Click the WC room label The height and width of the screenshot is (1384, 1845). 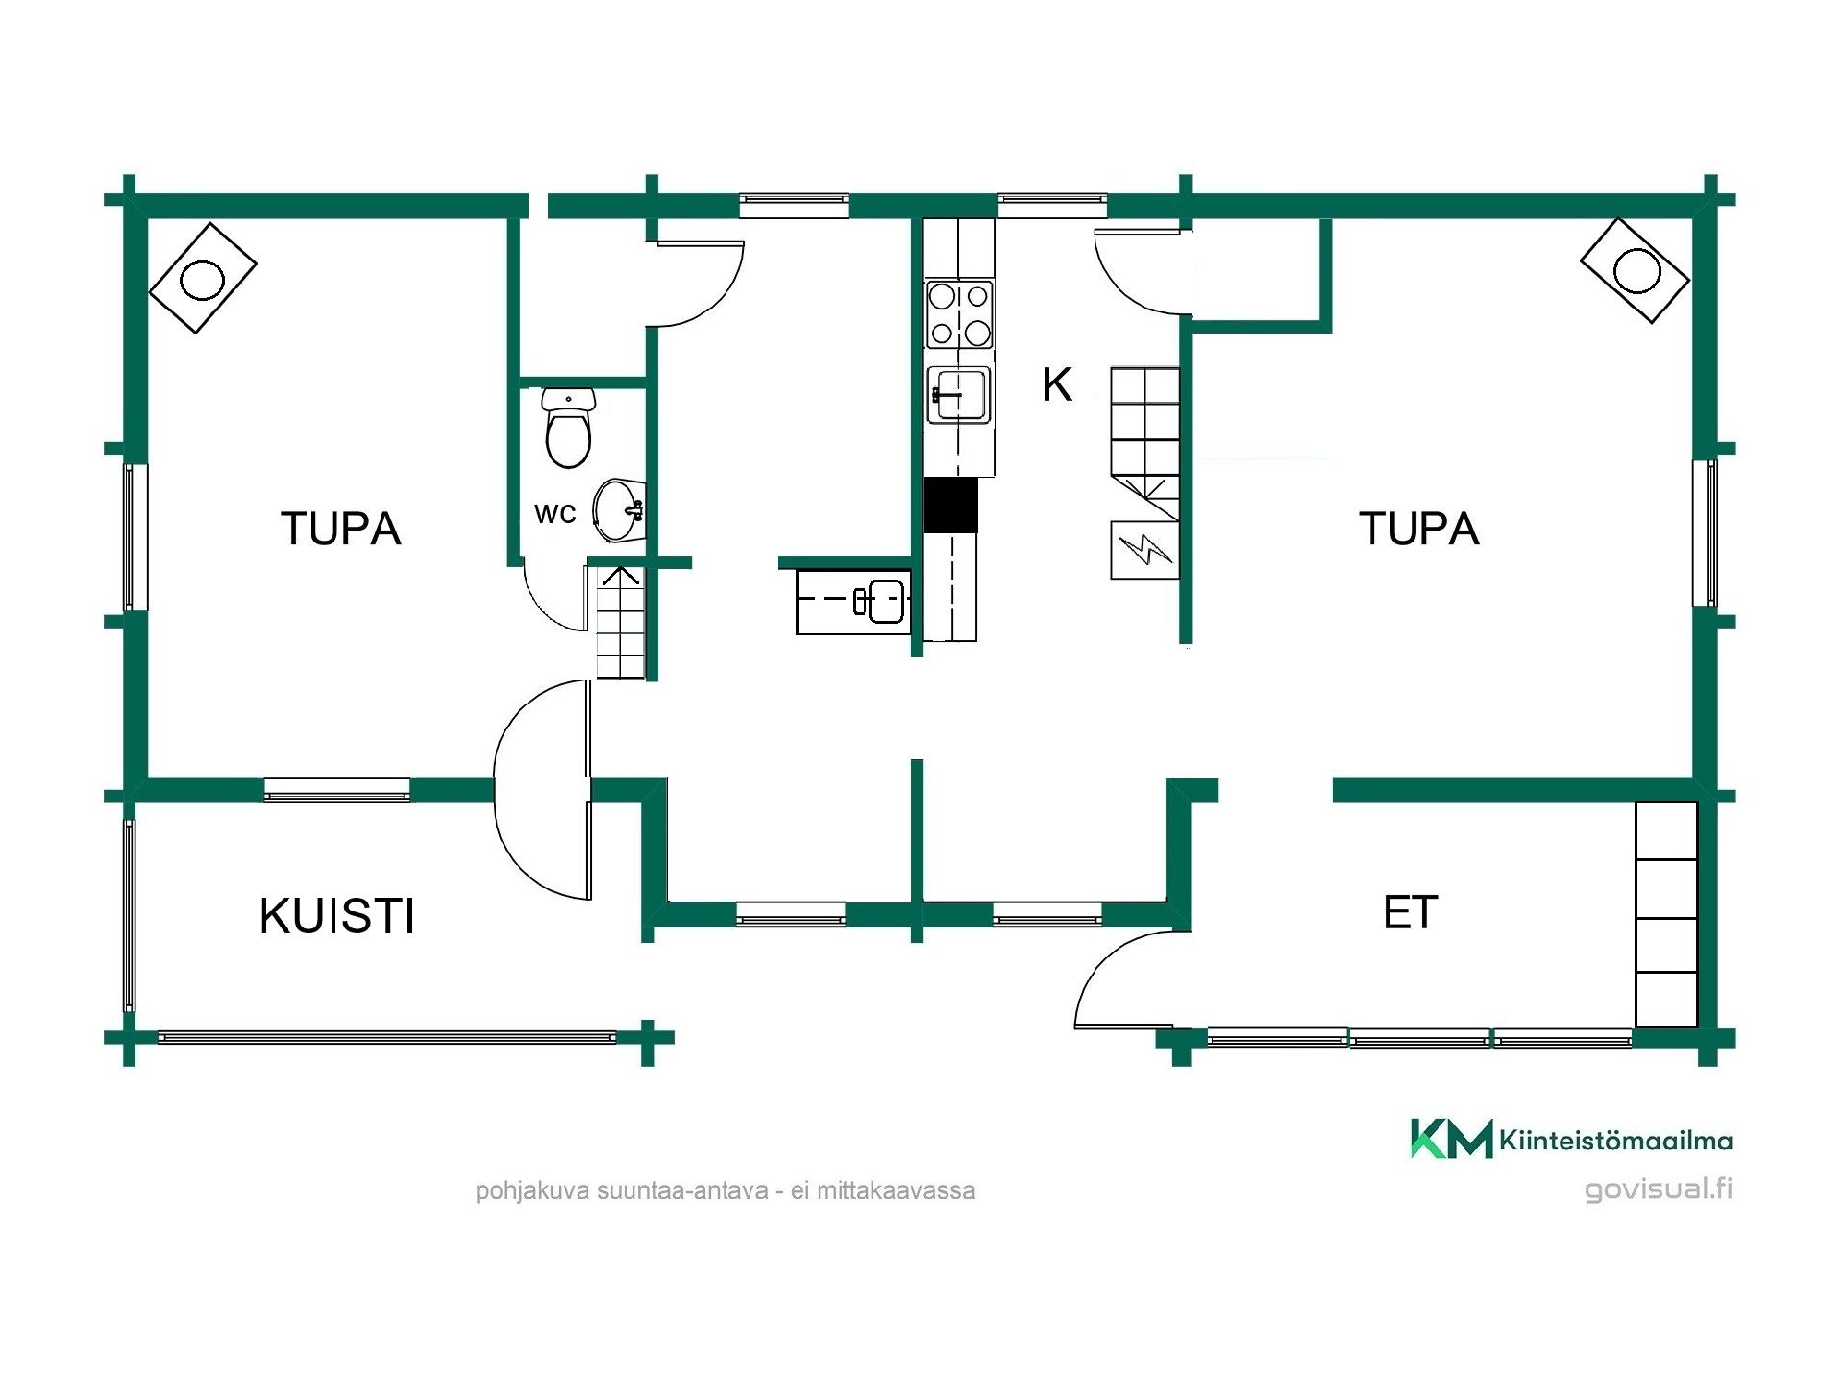tap(555, 514)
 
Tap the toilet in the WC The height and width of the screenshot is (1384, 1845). tap(568, 428)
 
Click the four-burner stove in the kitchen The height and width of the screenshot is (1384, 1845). tap(959, 313)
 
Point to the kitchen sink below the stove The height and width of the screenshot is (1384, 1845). tap(958, 395)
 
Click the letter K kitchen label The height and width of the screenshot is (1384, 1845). tap(1057, 384)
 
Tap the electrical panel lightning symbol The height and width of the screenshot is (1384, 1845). tap(1144, 550)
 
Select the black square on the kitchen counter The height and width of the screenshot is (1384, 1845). tap(950, 506)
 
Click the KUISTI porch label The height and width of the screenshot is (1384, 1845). tap(337, 916)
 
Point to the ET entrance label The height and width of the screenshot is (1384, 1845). tap(1410, 912)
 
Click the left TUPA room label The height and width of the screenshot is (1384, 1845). tap(340, 529)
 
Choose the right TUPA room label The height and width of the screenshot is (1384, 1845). tap(1419, 529)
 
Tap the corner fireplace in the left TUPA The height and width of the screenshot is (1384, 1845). tap(203, 278)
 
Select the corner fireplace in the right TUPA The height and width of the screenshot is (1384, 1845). tap(1635, 270)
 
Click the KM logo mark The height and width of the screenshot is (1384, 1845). tap(1452, 1138)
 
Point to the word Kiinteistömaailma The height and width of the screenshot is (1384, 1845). tap(1615, 1141)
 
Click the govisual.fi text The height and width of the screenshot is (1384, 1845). tap(1659, 1189)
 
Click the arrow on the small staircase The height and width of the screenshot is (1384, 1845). tap(620, 576)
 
